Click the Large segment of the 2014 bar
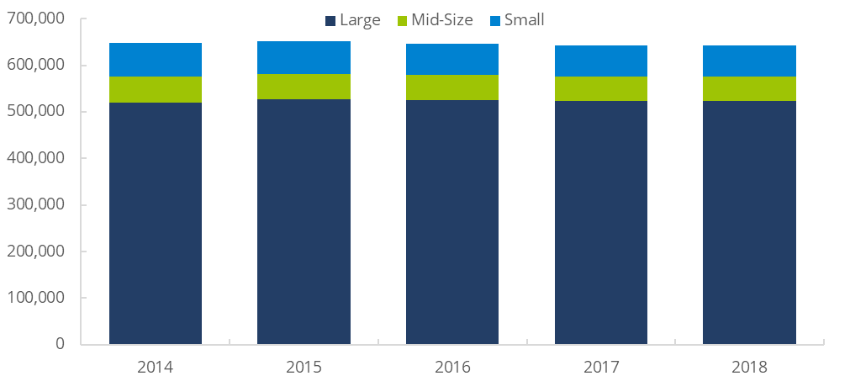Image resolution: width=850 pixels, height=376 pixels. pos(156,223)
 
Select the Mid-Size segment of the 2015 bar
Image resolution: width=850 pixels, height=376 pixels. pos(304,87)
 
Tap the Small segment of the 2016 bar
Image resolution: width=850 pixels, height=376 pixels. pos(452,59)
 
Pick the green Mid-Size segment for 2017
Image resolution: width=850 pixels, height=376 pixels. pos(600,88)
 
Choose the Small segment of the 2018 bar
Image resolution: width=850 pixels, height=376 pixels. pos(749,61)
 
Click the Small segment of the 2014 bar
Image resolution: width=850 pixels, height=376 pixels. pos(156,59)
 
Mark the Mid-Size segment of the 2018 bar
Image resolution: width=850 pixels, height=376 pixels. pos(749,88)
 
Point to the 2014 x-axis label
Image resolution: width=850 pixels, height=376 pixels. pos(156,366)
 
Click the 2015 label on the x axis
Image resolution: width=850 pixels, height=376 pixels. pos(304,366)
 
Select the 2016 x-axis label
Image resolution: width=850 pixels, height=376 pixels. pos(452,366)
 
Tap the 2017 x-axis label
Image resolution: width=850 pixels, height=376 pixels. pos(600,366)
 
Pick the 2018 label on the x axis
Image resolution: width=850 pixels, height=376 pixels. pos(749,366)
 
